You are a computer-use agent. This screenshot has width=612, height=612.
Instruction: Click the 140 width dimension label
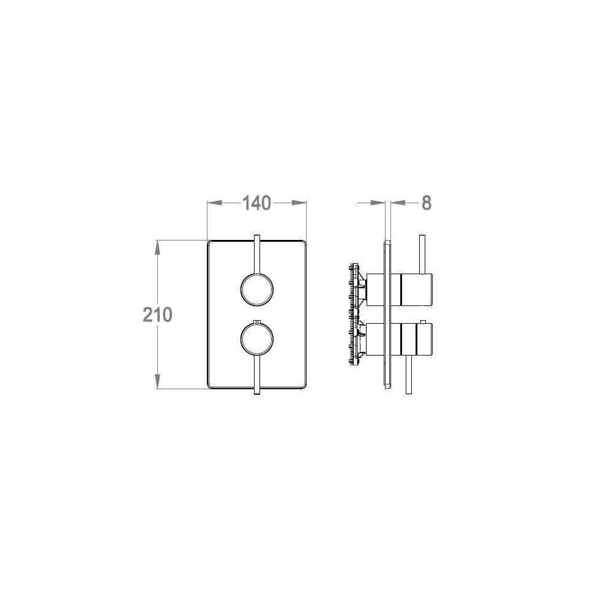pos(257,203)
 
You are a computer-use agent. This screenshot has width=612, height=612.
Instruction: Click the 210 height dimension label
pos(157,315)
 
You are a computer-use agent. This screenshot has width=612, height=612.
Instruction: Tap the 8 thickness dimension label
pos(427,203)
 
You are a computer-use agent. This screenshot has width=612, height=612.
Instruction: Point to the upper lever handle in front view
pos(257,255)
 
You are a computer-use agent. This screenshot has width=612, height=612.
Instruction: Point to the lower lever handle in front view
pos(257,375)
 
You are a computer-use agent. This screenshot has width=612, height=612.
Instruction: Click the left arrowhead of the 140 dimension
pos(215,203)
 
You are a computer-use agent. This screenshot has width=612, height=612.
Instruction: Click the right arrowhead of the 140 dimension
pos(299,203)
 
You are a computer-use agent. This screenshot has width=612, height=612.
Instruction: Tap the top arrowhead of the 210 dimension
pos(157,248)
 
